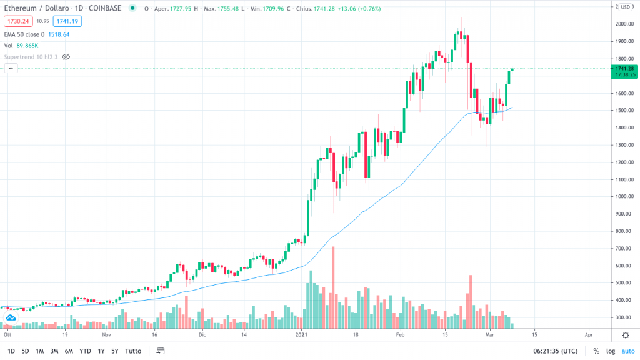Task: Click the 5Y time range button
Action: point(114,351)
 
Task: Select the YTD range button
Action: point(86,351)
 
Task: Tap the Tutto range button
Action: point(132,351)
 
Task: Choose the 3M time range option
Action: point(54,351)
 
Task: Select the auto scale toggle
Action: point(627,351)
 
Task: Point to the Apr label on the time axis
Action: point(588,335)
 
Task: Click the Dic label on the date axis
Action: point(202,335)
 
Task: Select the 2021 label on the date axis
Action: point(302,335)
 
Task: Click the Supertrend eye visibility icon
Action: point(66,56)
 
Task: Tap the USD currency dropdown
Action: point(625,7)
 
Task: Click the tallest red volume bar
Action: point(334,287)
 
